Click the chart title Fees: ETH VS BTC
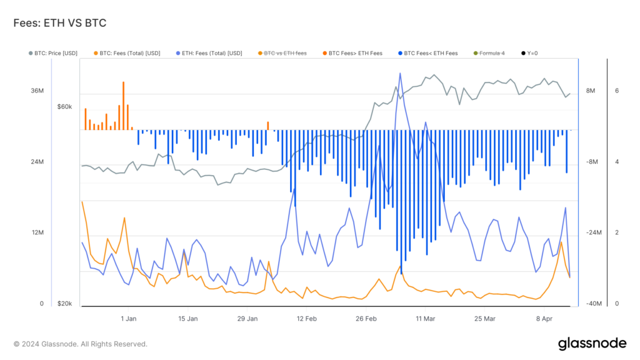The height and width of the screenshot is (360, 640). coord(60,23)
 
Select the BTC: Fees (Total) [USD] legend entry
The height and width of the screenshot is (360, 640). coord(127,53)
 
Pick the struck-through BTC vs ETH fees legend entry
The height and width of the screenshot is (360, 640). coord(281,53)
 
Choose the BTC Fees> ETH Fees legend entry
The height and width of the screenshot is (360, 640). coord(352,53)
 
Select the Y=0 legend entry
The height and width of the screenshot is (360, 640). coord(531,53)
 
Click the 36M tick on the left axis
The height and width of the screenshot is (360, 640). coord(37,91)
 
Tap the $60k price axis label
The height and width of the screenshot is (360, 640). coord(64,107)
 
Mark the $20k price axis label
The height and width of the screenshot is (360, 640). coord(64,304)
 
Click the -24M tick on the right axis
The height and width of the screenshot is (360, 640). coord(593,232)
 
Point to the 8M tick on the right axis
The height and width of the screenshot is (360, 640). coord(591,91)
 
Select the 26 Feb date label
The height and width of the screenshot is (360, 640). coord(366,319)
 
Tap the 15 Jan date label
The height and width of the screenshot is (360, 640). coord(187,319)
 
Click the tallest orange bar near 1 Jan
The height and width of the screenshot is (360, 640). coord(123,105)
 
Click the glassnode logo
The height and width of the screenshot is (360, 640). coord(591,343)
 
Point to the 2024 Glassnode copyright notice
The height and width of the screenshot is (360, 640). coord(81,344)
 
